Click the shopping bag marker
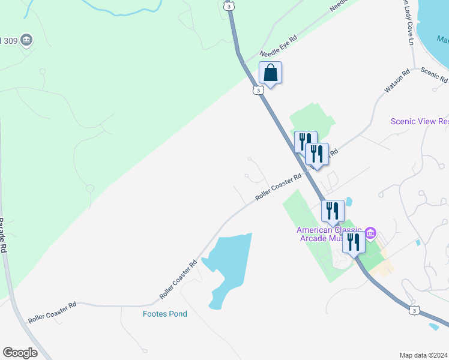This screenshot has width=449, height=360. click(270, 73)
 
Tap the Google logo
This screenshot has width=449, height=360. click(20, 353)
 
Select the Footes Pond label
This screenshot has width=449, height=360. click(164, 314)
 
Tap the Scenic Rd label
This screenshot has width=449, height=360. click(434, 75)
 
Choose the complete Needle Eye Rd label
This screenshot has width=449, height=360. click(279, 45)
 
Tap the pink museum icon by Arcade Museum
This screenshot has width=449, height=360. click(370, 232)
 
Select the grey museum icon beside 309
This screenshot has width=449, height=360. click(26, 40)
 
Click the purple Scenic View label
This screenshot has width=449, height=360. click(419, 121)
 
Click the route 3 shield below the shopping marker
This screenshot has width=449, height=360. click(257, 90)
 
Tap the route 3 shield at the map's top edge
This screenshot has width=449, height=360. click(229, 5)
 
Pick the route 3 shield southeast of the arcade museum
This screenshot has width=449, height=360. click(414, 310)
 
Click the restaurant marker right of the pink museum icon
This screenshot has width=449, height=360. click(354, 242)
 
